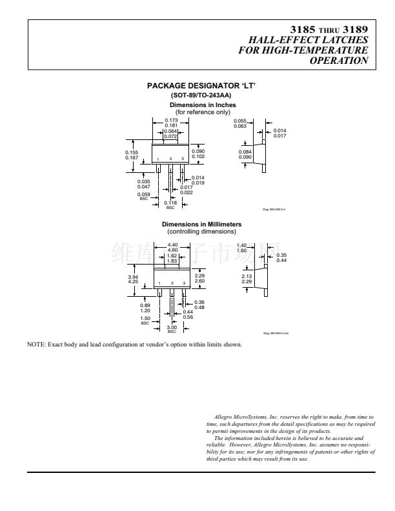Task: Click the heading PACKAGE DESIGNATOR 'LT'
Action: (197, 86)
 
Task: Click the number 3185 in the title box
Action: (303, 29)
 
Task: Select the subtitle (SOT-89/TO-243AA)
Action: (197, 95)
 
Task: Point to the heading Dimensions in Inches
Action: (203, 105)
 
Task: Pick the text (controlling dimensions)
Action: (202, 231)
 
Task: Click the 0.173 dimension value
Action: (171, 121)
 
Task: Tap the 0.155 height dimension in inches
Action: (131, 153)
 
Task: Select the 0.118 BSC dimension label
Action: (170, 203)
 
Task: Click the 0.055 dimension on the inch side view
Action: (240, 121)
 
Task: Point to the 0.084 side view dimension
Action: (245, 152)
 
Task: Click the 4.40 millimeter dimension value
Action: (172, 245)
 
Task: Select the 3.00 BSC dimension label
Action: (172, 328)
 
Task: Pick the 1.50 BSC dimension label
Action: (145, 318)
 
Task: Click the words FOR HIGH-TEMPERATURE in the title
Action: (303, 50)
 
